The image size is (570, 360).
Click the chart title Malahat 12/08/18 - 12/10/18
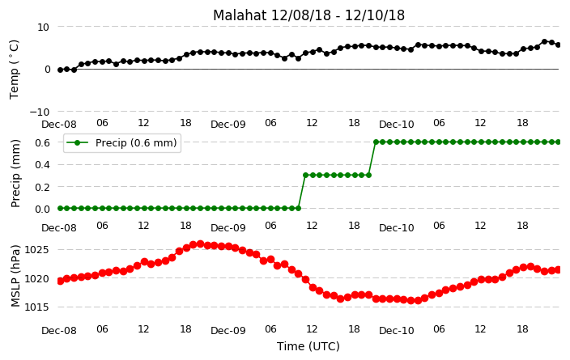point(308,15)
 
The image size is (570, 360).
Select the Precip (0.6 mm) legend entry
point(122,142)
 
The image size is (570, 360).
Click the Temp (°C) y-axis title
point(14,70)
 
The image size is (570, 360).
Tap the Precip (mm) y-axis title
point(15,174)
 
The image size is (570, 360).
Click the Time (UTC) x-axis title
point(308,346)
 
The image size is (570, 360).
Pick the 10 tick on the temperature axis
point(43,28)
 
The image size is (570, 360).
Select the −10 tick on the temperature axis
point(40,112)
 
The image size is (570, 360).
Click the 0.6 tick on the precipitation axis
point(42,142)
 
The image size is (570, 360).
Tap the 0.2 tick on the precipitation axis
point(42,187)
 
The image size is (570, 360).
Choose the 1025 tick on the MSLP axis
point(36,250)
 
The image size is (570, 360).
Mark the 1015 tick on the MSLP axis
point(36,307)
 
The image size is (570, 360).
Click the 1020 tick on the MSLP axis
point(36,279)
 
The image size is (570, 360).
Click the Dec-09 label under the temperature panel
point(228,125)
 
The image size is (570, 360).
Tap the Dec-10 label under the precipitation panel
point(396,228)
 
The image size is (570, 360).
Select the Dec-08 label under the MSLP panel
point(59,331)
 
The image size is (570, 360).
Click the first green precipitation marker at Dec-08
point(61,209)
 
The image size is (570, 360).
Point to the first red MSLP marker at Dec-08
point(61,281)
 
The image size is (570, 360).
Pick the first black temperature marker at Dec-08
point(61,70)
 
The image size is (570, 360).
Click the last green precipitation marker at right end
point(559,142)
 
